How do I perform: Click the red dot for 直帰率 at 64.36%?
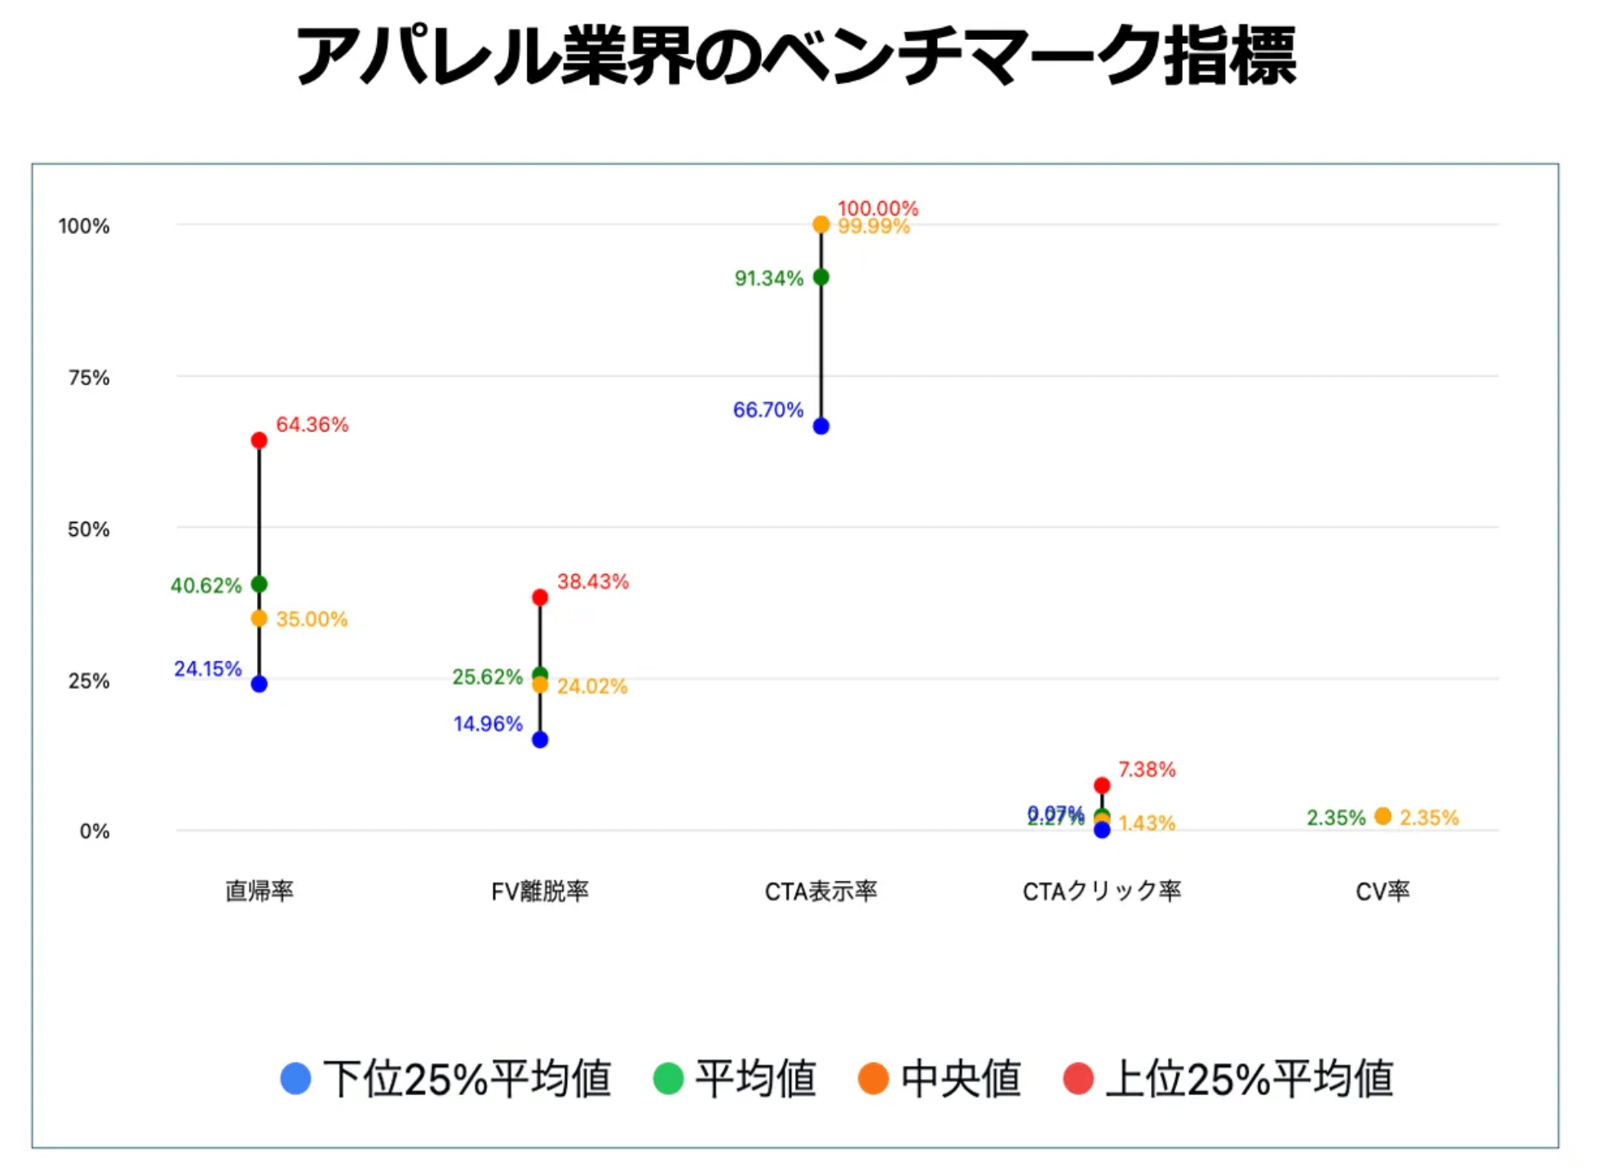coord(259,440)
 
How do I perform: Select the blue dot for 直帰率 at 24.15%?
coord(259,684)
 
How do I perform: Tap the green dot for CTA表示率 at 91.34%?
coord(821,277)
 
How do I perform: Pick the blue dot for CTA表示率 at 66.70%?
coord(821,426)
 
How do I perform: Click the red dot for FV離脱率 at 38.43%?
coord(540,598)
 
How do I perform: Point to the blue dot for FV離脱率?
coord(540,740)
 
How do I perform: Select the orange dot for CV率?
coord(1382,816)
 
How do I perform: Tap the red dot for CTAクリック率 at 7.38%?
coord(1102,785)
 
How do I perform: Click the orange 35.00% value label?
coord(312,619)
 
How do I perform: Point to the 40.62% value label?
coord(206,585)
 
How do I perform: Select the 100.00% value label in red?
coord(878,208)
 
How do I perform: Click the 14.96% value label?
coord(488,724)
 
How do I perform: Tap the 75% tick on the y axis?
coord(88,378)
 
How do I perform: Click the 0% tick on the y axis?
coord(94,832)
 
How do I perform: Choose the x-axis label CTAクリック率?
coord(1102,891)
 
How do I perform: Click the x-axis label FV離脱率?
coord(540,891)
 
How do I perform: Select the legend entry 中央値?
coord(960,1079)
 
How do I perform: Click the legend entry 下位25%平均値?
coord(467,1079)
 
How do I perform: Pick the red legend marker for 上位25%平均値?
coord(1078,1079)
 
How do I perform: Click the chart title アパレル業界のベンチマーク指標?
coord(796,55)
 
